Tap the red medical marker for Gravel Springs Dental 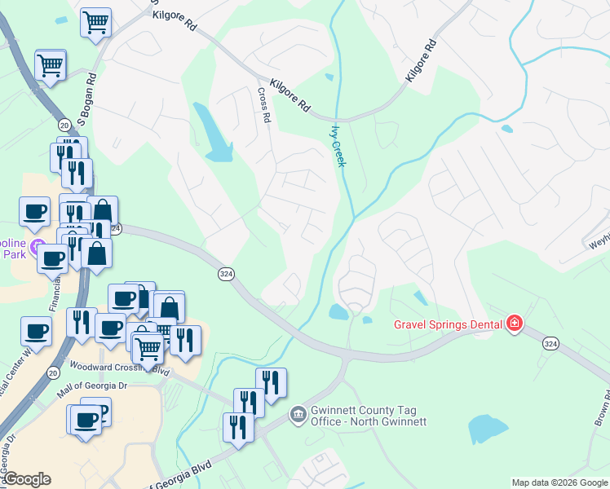pyautogui.click(x=515, y=324)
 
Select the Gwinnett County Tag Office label pyautogui.click(x=369, y=416)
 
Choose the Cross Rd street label pyautogui.click(x=263, y=106)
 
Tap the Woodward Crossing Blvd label pyautogui.click(x=119, y=369)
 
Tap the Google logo pyautogui.click(x=27, y=478)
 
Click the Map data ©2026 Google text pyautogui.click(x=559, y=482)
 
